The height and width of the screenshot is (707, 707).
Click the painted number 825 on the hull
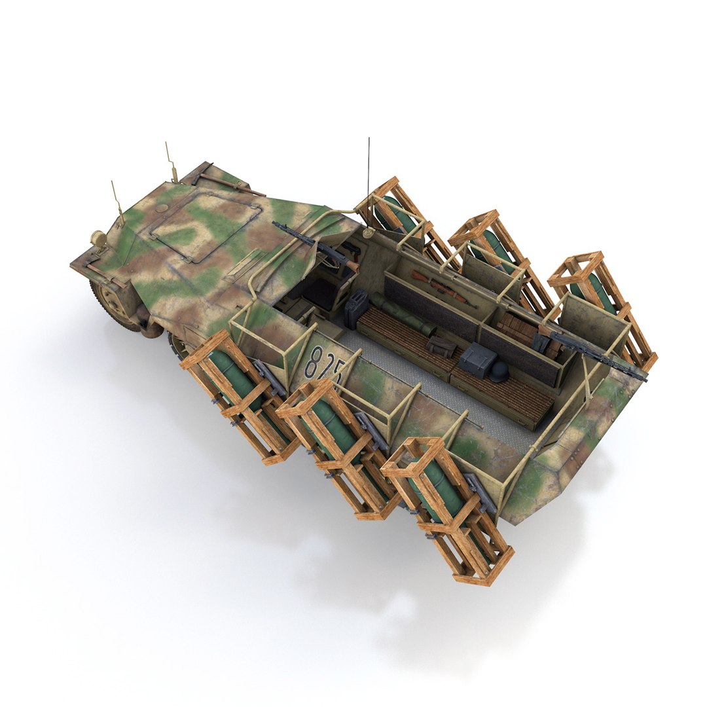point(325,363)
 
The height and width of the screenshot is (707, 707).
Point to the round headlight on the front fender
point(99,239)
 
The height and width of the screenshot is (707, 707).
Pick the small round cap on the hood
point(160,209)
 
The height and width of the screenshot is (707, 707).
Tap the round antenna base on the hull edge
point(369,232)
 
